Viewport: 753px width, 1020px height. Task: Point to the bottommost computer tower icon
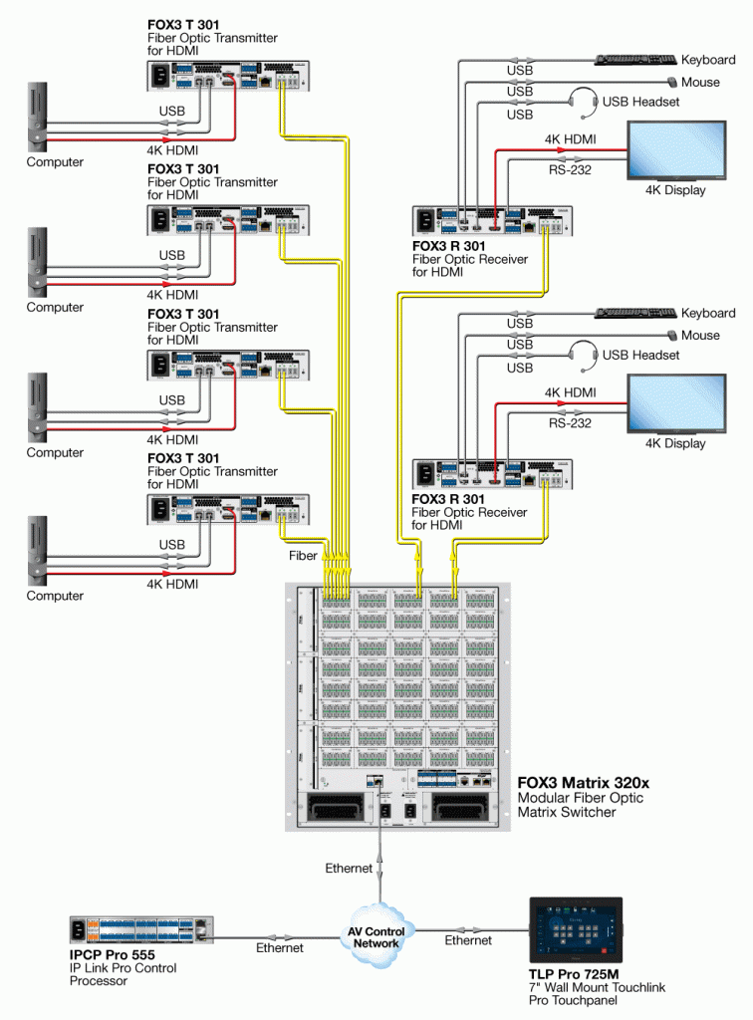click(x=37, y=550)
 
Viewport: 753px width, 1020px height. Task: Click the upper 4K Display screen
click(x=676, y=150)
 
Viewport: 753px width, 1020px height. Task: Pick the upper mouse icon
click(x=673, y=83)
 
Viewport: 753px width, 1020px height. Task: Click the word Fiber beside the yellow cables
click(x=304, y=554)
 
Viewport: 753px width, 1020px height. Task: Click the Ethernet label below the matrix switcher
click(x=349, y=869)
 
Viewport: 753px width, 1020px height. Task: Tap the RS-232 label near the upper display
click(x=568, y=170)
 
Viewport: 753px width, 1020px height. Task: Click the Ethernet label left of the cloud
click(x=281, y=948)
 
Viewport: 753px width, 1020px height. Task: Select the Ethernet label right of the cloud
click(x=468, y=940)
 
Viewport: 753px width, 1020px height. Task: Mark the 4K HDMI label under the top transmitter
click(x=172, y=149)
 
